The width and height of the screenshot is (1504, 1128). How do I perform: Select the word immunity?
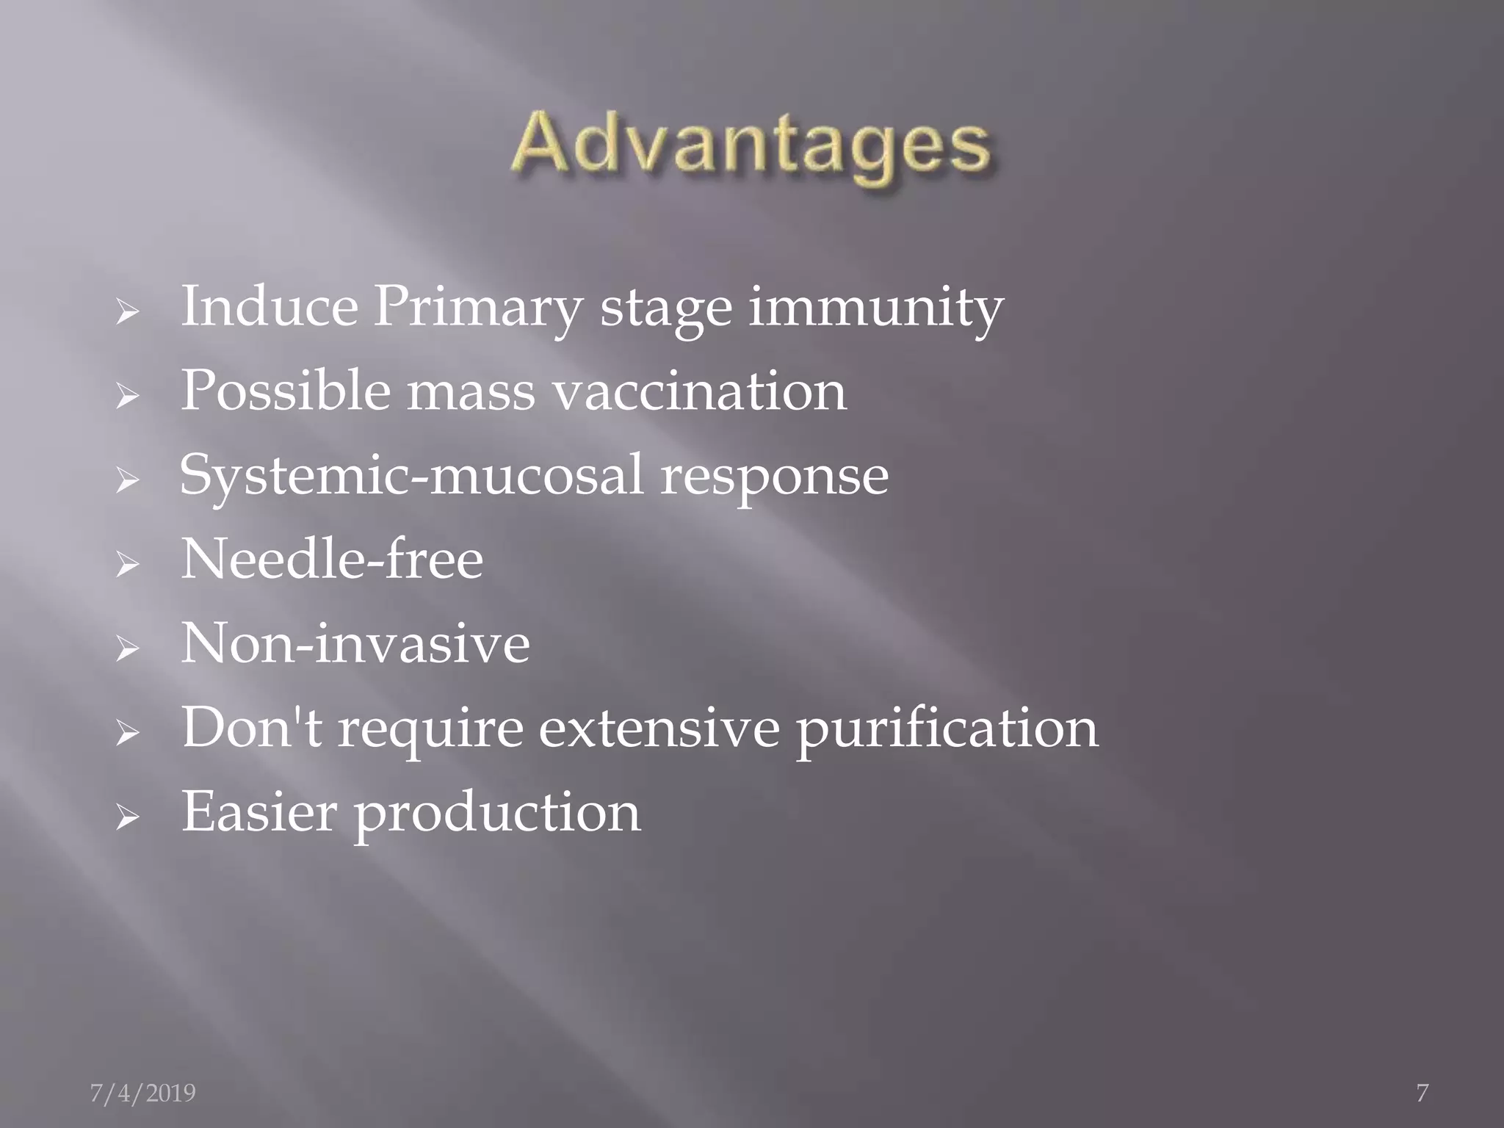coord(875,308)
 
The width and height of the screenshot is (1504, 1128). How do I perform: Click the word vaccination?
coord(699,391)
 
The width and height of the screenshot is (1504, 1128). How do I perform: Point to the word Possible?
coord(286,391)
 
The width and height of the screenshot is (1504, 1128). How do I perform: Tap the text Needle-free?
coord(332,560)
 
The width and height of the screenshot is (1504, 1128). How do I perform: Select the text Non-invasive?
coord(355,643)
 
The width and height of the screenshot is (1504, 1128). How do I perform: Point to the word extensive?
coord(659,728)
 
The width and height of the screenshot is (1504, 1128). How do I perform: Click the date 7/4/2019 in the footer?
coord(142,1093)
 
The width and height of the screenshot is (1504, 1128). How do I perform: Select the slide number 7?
coord(1422,1093)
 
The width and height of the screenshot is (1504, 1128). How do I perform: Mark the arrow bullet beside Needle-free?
coord(127,565)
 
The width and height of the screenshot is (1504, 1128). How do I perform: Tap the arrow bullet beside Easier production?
coord(127,817)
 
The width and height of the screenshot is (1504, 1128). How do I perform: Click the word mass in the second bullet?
coord(471,392)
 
